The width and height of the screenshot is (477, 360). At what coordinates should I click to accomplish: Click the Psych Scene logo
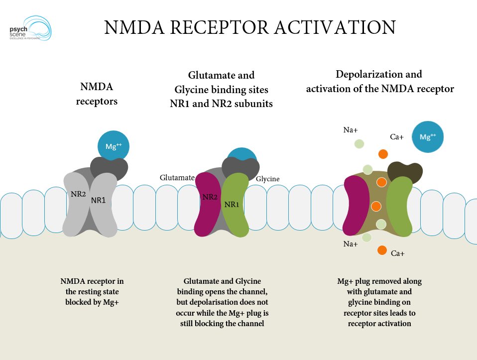coord(30,28)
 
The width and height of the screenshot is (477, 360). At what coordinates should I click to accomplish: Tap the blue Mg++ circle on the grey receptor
coord(114,146)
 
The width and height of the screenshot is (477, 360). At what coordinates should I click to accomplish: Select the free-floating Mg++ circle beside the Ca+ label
coord(427,136)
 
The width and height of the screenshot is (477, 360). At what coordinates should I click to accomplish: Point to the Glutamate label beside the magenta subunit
coord(177,177)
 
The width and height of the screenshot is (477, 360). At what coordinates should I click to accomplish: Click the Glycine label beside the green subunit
coord(268,179)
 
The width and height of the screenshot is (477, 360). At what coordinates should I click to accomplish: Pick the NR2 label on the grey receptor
coord(78,194)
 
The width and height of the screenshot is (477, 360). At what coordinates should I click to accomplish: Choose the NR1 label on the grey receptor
coord(98,200)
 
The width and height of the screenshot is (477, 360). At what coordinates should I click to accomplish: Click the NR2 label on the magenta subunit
coord(210,197)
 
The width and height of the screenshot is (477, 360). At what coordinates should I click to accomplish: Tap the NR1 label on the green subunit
coord(232,205)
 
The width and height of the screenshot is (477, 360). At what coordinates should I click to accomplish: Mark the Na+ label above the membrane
coord(351,130)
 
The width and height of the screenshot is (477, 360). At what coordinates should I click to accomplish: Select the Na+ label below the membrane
coord(351,244)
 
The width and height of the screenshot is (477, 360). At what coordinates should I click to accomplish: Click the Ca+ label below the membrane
coord(398,253)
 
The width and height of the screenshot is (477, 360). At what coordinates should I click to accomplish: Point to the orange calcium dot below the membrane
coord(382,250)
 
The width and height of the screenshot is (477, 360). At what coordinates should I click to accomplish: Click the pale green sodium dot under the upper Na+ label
coord(359,143)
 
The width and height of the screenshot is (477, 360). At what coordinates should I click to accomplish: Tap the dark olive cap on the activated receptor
coord(405,173)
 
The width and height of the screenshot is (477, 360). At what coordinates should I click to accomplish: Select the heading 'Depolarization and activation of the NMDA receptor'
coord(379,82)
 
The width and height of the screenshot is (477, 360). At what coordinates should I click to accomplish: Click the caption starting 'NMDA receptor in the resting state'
coord(92,291)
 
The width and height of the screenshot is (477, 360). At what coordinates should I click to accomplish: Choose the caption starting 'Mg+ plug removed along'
coord(379,302)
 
